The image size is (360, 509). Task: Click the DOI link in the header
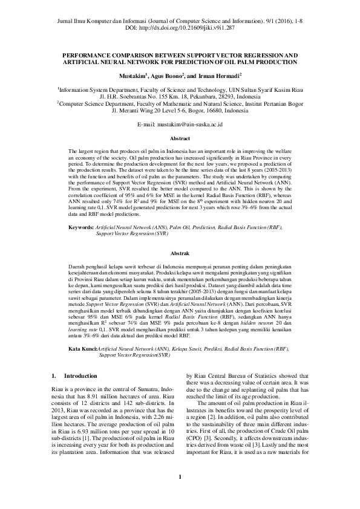pos(189,28)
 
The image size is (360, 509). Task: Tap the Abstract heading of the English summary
pos(180,138)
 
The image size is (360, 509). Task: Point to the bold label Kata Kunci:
pos(82,349)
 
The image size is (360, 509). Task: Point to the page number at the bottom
pos(180,494)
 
